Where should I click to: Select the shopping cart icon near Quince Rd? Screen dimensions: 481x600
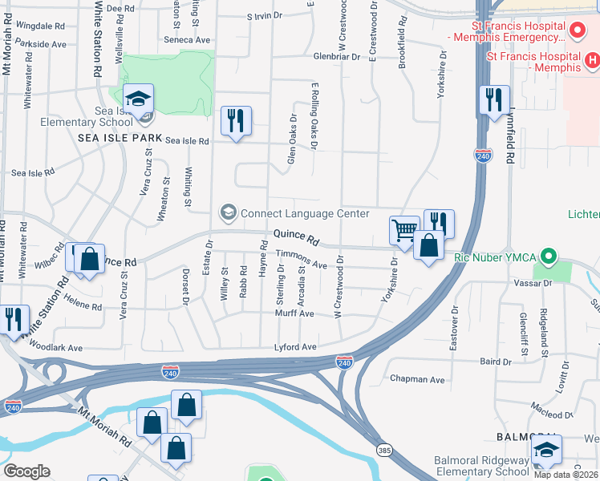[x=404, y=231]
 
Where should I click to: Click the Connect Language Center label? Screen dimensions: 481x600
[x=304, y=213]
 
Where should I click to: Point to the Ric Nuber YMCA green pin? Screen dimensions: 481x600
[x=549, y=257]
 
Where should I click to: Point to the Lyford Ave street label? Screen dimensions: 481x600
[x=295, y=347]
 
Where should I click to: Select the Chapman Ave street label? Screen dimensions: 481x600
[x=417, y=379]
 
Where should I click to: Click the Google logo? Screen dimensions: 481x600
[x=26, y=471]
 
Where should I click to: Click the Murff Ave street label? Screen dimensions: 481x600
[x=295, y=314]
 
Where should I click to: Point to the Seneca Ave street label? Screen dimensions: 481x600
[x=187, y=39]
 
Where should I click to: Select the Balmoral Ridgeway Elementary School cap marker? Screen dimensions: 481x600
[x=546, y=451]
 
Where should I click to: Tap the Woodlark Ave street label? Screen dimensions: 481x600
[x=56, y=348]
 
